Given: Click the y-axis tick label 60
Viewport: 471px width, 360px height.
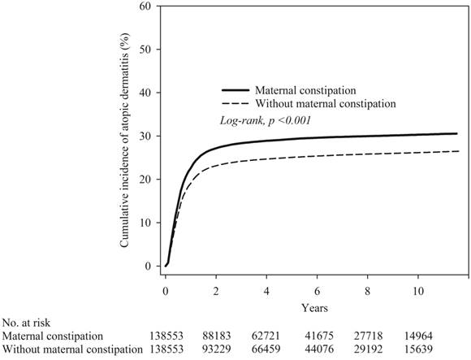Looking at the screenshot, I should (146, 6).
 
